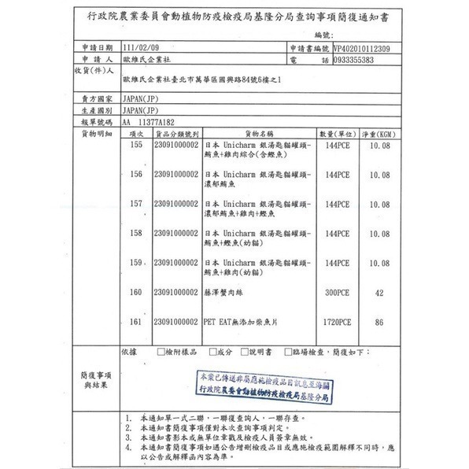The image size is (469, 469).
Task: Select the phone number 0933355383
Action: click(x=343, y=59)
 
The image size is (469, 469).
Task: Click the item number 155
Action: click(x=135, y=146)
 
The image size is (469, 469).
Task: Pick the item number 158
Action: click(x=135, y=233)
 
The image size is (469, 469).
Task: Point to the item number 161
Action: click(x=135, y=322)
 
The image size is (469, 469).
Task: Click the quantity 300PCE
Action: click(x=336, y=292)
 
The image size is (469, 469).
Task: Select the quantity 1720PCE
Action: click(x=336, y=322)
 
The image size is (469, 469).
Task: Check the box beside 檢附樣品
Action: click(x=161, y=352)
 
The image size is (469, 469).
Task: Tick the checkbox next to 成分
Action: click(x=212, y=352)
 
